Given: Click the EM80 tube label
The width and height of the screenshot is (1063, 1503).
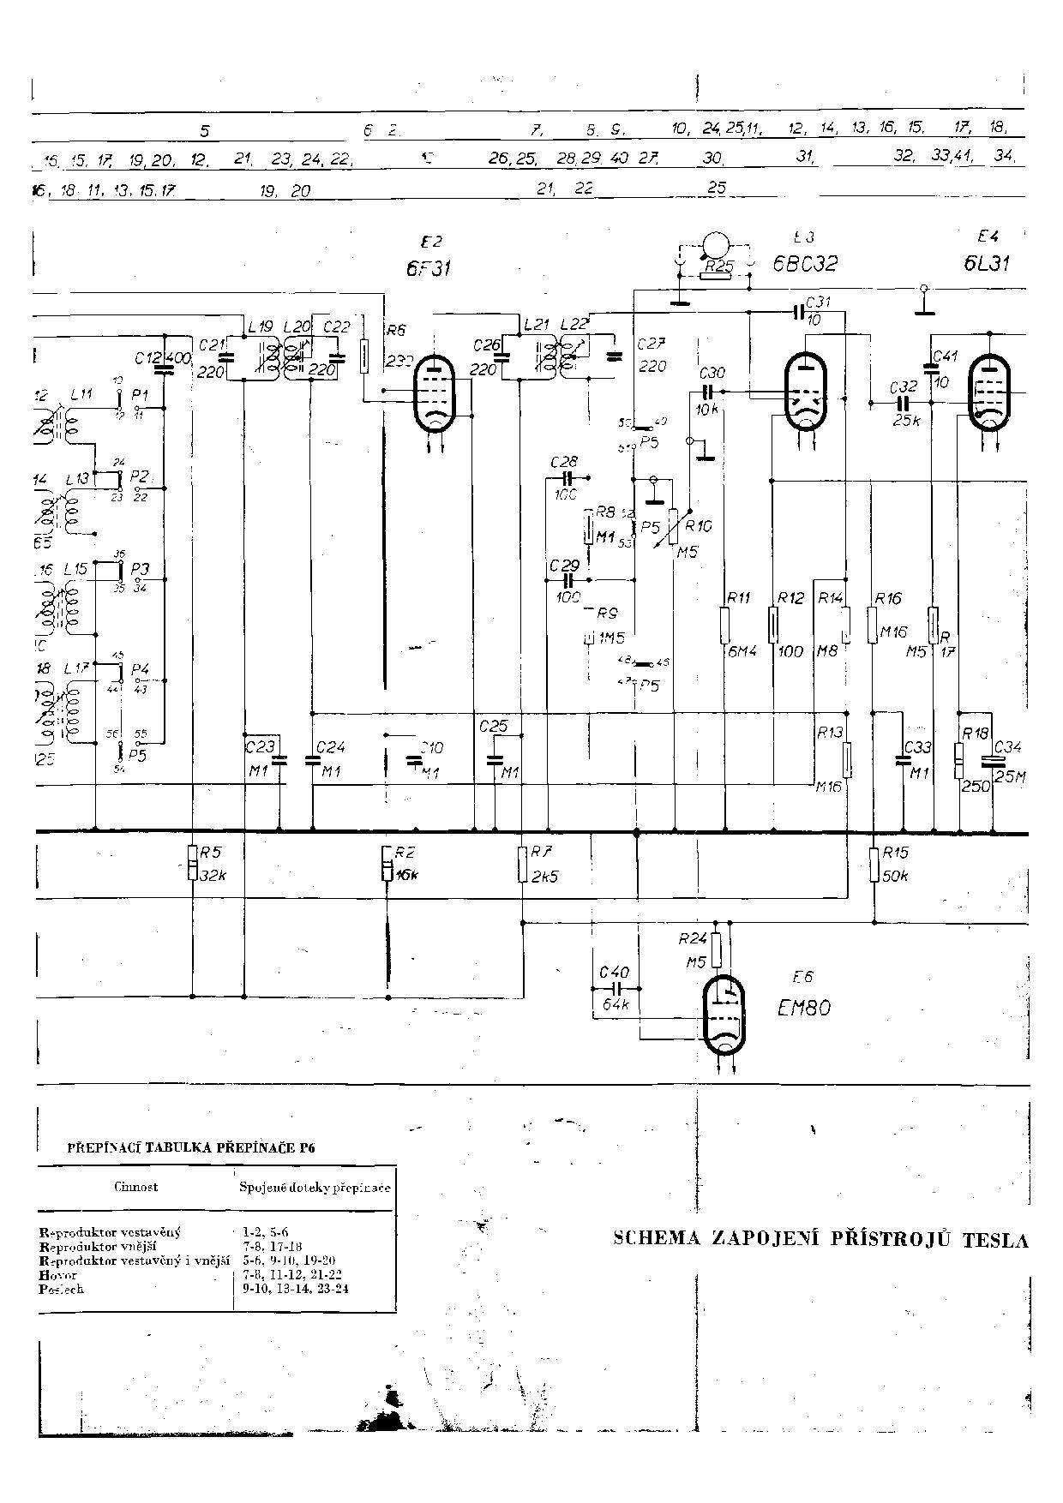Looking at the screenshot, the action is pyautogui.click(x=803, y=1008).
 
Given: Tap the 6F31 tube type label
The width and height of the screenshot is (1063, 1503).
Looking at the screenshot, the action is pyautogui.click(x=429, y=268).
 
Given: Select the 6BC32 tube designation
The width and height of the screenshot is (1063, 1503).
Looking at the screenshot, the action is pyautogui.click(x=805, y=264).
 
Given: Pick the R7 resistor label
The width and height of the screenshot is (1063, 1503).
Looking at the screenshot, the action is pyautogui.click(x=541, y=852).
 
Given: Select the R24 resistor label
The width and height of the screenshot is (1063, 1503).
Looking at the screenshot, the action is pyautogui.click(x=693, y=938).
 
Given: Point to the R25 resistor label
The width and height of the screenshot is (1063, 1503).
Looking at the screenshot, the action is pyautogui.click(x=718, y=267).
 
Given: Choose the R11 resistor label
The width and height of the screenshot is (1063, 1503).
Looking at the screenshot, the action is pyautogui.click(x=738, y=597).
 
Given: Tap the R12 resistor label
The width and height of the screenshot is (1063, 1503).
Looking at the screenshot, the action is pyautogui.click(x=790, y=597).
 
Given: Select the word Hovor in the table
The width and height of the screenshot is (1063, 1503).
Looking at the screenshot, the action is pyautogui.click(x=52, y=1275).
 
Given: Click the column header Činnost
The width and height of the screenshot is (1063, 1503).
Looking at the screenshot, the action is pyautogui.click(x=135, y=1187).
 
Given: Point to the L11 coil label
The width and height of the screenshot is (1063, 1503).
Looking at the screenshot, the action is pyautogui.click(x=81, y=393).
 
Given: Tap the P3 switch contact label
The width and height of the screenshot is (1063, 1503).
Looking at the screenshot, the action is pyautogui.click(x=141, y=569).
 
